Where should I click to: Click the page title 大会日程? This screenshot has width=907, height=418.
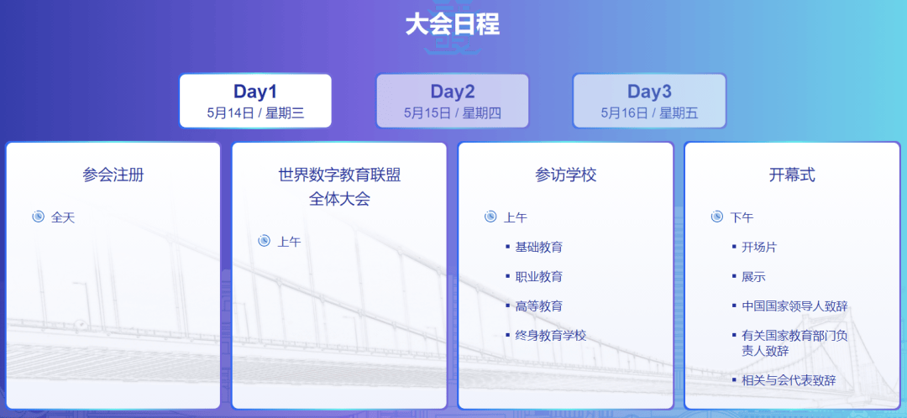(x=453, y=25)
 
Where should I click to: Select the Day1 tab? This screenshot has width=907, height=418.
(x=255, y=101)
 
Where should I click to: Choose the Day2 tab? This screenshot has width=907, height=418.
(x=453, y=101)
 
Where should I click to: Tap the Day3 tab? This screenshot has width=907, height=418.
(x=649, y=101)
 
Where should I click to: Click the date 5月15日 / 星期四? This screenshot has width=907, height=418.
(x=453, y=112)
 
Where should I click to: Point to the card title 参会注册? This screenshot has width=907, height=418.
(x=113, y=175)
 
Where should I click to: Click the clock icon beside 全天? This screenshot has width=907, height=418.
(x=38, y=217)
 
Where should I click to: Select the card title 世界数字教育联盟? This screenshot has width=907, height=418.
(x=339, y=175)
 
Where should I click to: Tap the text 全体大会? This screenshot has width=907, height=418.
(x=339, y=199)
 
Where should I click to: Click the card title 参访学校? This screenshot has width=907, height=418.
(x=565, y=175)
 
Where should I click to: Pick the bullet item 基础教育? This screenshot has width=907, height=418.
(x=538, y=248)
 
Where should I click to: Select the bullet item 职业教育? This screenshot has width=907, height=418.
(x=538, y=277)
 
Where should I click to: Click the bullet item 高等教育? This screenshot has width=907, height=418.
(x=538, y=306)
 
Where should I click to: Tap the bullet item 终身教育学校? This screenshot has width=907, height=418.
(x=551, y=336)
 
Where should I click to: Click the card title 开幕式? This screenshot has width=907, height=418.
(x=792, y=175)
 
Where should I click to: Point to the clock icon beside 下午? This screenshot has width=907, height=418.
(x=716, y=217)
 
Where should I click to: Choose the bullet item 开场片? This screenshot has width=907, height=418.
(x=759, y=248)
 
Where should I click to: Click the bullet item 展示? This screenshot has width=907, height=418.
(x=753, y=277)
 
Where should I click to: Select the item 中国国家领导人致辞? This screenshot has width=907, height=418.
(x=794, y=306)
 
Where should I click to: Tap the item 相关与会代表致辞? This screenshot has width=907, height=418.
(x=789, y=380)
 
